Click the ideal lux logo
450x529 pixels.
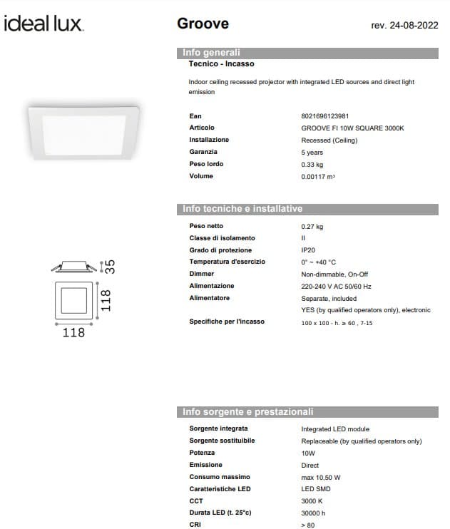(44, 24)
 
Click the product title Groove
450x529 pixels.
(203, 24)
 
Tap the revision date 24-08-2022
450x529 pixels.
(404, 26)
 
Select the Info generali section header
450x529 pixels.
(211, 53)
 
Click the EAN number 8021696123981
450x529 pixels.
(324, 115)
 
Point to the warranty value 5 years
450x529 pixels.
(312, 152)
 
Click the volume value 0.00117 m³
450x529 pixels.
(317, 176)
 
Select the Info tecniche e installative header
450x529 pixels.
(242, 209)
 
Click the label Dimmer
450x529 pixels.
(201, 274)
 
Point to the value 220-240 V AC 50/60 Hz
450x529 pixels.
(336, 286)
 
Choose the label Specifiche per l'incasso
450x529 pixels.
(226, 322)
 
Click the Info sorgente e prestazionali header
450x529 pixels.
(247, 412)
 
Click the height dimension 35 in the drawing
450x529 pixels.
(110, 267)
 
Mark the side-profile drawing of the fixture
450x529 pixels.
(73, 267)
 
